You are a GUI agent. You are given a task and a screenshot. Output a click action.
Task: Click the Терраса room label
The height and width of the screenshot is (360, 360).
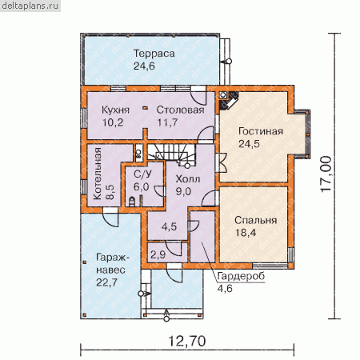pos(154,54)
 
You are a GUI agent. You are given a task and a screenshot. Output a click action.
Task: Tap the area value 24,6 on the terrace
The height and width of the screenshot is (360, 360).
pos(144,66)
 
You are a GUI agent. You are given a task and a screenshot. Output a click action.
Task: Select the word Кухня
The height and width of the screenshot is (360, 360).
pos(115,110)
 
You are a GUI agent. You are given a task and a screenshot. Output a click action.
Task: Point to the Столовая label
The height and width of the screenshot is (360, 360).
pos(180,110)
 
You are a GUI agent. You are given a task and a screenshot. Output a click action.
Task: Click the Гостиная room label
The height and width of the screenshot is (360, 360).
pos(261,131)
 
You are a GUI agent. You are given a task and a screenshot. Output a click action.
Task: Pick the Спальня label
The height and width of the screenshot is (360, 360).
pos(255,220)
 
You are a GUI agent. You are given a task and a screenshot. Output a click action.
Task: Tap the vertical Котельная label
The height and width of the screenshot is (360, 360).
pos(98,174)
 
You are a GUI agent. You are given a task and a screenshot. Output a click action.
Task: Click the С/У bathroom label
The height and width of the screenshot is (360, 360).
pos(142,174)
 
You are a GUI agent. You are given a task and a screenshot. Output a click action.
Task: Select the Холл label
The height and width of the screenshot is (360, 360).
pos(188,179)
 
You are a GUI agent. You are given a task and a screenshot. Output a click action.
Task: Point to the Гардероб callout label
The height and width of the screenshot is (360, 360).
pos(241,276)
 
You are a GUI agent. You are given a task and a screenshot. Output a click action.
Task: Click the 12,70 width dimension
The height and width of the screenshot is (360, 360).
pos(187,341)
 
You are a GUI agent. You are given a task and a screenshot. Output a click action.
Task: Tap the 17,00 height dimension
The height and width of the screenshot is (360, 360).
pos(326,174)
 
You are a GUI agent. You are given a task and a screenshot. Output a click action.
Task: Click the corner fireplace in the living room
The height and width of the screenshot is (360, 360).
pos(228,100)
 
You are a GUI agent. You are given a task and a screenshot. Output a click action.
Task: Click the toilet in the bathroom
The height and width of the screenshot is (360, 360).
pos(132,202)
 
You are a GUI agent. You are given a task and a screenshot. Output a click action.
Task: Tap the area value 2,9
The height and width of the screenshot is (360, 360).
pos(158,254)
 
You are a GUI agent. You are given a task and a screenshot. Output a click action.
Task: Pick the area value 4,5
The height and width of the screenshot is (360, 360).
pos(169,226)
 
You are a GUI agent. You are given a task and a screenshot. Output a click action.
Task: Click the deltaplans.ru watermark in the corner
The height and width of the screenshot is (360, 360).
pos(30,6)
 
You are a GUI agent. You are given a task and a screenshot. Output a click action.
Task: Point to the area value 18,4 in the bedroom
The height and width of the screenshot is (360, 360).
pos(246,233)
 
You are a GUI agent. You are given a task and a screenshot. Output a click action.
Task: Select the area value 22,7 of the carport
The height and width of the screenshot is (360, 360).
pos(106,282)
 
